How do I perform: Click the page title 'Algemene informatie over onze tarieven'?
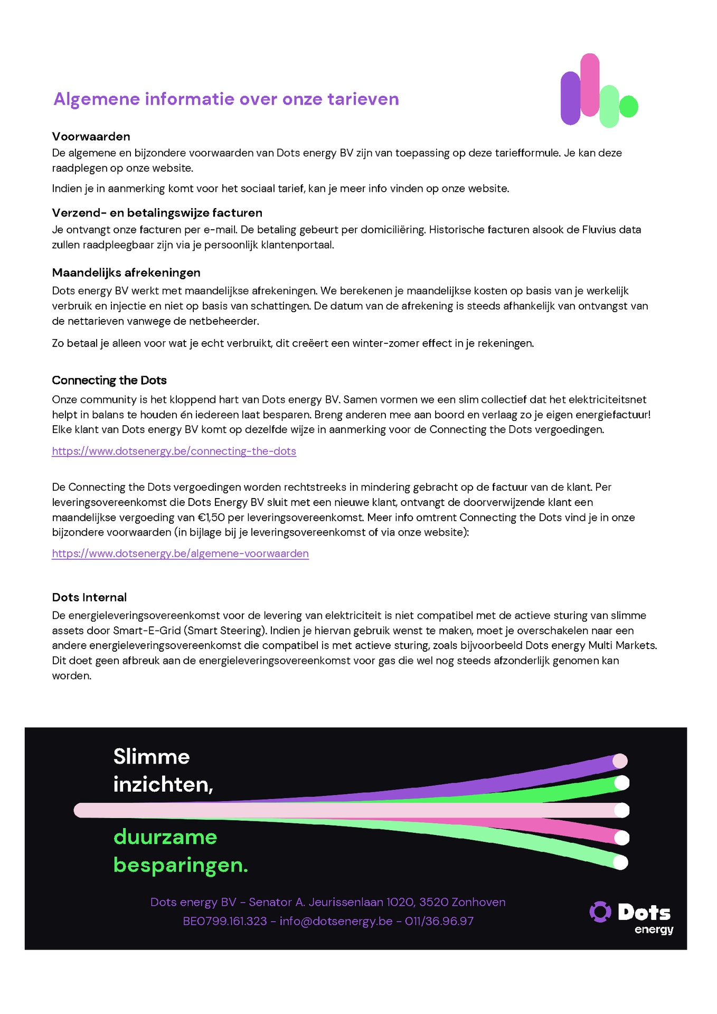pos(226,99)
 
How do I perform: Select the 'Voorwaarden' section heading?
pos(91,137)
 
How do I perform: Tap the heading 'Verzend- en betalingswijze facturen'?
pos(157,213)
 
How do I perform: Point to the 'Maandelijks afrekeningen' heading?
pos(126,273)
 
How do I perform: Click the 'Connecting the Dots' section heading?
pos(109,380)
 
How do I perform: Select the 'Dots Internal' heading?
pos(89,597)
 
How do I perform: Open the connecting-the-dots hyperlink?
pos(174,452)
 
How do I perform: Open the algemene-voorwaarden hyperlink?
pos(180,553)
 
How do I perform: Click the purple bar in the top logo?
pos(570,99)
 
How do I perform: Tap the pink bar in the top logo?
pos(590,84)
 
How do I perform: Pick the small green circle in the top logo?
pos(628,106)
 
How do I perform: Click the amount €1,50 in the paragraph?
pos(209,518)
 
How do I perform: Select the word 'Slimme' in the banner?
pos(152,757)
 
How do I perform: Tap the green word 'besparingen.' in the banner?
pos(181,865)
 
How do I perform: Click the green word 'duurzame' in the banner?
pos(165,837)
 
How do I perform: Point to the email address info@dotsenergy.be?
pos(336,921)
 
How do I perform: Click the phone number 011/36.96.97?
pos(439,921)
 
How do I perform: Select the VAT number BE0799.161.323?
pos(224,921)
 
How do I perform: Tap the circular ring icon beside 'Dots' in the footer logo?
pos(600,912)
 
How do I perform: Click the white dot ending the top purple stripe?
pos(620,761)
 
